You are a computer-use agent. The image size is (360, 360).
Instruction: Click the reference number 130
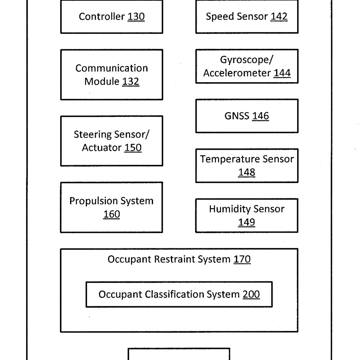click(136, 17)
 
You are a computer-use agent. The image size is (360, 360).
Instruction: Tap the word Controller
click(102, 17)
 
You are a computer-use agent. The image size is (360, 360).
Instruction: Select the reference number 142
click(279, 17)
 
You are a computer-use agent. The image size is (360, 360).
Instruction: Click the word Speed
click(220, 17)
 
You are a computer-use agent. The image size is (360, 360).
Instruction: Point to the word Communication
click(112, 68)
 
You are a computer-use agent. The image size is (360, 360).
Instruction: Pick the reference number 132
click(131, 82)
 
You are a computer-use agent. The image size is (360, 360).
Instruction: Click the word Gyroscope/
click(247, 60)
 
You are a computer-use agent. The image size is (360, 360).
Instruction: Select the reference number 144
click(282, 73)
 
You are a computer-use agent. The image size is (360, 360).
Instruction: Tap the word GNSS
click(237, 116)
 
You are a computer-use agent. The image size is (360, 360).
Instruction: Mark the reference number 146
click(261, 116)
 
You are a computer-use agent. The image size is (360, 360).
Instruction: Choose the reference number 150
click(133, 148)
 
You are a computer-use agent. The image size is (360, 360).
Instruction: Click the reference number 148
click(247, 172)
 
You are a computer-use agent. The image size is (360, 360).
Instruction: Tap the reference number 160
click(112, 214)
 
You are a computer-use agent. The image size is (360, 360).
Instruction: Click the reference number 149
click(247, 222)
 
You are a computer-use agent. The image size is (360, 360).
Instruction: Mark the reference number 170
click(242, 260)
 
